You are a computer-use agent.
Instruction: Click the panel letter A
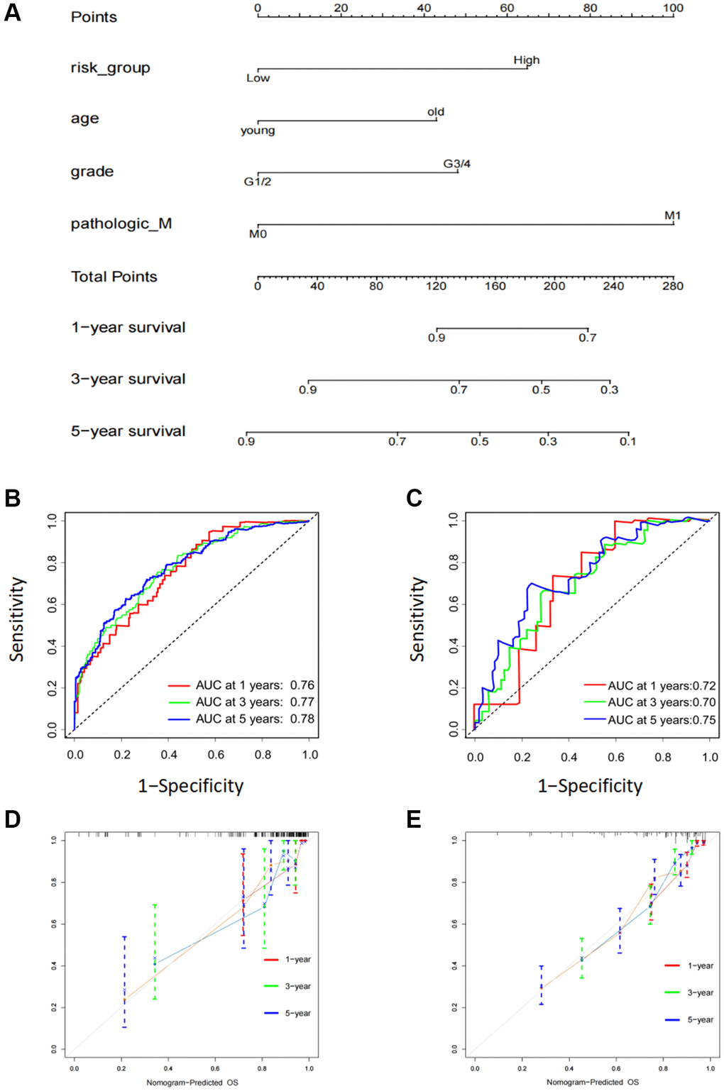pos(12,13)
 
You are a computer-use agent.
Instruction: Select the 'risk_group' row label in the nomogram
pos(110,68)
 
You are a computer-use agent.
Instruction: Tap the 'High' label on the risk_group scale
pos(526,60)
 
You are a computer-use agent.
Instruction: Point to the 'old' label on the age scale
pos(436,112)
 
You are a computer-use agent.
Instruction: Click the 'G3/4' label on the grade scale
pos(456,164)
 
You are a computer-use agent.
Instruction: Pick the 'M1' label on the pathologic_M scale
pos(672,216)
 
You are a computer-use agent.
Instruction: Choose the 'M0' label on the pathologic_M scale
pos(258,234)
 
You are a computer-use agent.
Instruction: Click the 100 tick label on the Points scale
pos(673,9)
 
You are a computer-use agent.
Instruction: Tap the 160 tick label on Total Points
pos(495,287)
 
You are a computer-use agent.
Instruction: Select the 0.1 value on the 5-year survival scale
pos(627,442)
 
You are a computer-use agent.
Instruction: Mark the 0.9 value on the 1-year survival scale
pos(436,338)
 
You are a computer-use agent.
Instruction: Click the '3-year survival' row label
pos(128,380)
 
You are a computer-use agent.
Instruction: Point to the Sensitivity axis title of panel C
pos(417,619)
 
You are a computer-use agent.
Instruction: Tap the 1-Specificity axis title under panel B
pos(190,786)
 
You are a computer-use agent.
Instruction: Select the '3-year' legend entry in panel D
pos(297,987)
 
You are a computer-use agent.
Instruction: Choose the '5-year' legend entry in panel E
pos(700,1020)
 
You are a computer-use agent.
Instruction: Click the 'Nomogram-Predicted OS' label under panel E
pos(592,1082)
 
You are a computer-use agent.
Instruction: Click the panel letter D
pos(12,820)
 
